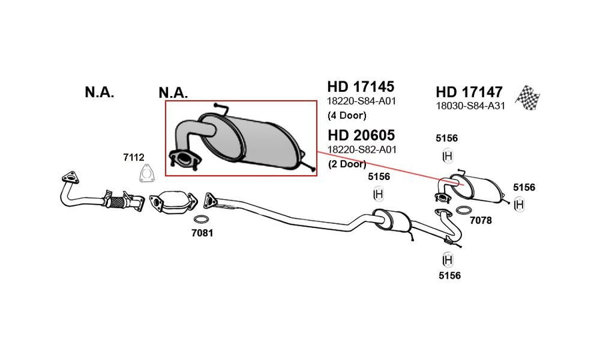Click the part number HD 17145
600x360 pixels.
coord(361,87)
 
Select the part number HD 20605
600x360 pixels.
coord(361,135)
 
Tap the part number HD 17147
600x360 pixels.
coord(469,92)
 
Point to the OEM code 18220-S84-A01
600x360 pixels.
coord(361,101)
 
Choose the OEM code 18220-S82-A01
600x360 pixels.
coord(362,149)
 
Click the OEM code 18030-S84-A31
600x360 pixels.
coord(470,106)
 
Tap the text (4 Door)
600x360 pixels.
coord(347,115)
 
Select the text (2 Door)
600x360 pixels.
coord(347,164)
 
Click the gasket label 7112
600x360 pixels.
coord(133,157)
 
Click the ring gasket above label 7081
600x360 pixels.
coord(201,219)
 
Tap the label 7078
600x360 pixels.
coord(481,221)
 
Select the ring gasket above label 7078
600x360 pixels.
coord(464,210)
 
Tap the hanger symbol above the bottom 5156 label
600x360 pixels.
coord(447,260)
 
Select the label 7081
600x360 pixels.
coord(203,233)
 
